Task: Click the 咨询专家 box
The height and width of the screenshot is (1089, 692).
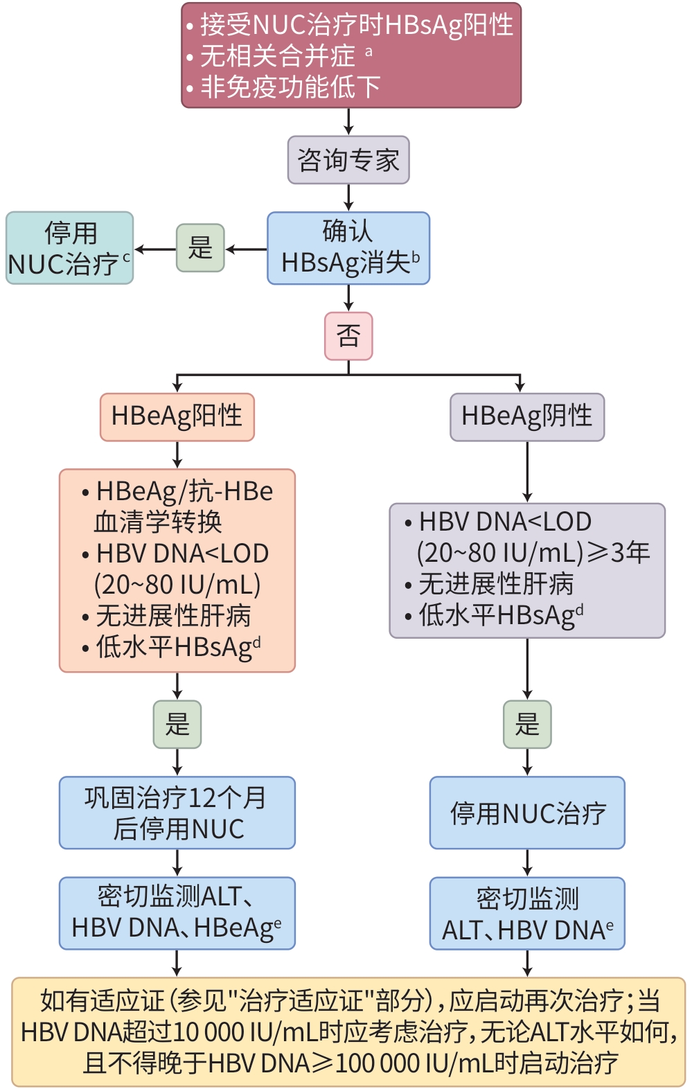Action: (x=348, y=160)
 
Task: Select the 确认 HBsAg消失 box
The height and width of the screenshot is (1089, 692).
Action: (x=348, y=248)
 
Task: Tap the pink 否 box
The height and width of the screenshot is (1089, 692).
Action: (x=348, y=336)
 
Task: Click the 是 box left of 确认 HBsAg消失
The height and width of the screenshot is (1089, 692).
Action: (x=200, y=247)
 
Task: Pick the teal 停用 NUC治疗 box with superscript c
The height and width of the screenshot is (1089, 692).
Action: (x=69, y=248)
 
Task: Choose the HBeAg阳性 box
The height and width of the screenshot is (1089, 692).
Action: (x=177, y=416)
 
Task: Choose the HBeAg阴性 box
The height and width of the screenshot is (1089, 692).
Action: (x=527, y=416)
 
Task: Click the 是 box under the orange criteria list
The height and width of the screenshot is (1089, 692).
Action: (x=177, y=724)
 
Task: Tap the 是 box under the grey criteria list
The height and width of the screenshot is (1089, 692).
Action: (x=527, y=724)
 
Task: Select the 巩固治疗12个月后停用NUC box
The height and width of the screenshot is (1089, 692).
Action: (x=177, y=813)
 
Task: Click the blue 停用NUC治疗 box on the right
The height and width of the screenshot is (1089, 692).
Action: (x=527, y=813)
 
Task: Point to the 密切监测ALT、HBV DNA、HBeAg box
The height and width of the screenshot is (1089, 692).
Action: (x=177, y=912)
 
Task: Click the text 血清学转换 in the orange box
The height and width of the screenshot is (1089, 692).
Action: (x=158, y=522)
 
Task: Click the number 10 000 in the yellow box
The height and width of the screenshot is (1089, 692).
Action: (x=206, y=1032)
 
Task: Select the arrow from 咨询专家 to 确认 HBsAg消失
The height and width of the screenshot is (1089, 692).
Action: (x=348, y=197)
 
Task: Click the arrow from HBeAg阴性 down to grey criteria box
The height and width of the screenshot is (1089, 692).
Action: (x=527, y=471)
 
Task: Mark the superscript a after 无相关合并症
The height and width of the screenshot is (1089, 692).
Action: (x=369, y=51)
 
